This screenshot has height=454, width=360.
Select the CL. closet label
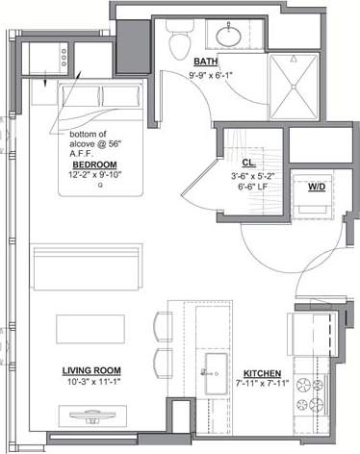[249, 164]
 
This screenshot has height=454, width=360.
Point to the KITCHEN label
[261, 375]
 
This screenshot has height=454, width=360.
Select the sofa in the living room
[88, 267]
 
